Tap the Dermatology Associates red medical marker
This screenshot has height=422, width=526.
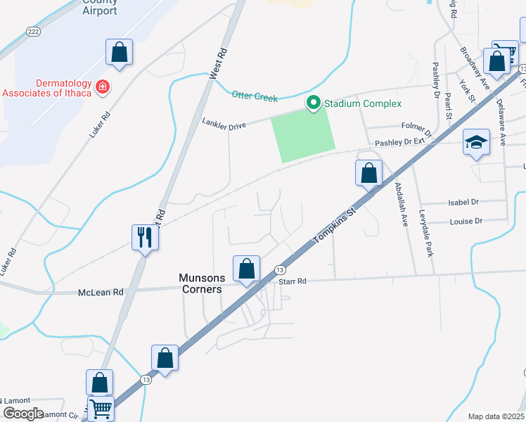[103, 87]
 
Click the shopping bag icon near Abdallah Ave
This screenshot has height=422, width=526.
[368, 172]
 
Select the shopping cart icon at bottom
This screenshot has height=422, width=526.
[101, 408]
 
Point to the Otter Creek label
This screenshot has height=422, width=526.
[255, 97]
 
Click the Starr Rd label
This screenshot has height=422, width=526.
[293, 281]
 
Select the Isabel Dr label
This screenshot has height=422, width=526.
[463, 202]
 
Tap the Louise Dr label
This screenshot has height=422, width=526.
[466, 221]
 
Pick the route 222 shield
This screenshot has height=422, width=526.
[33, 32]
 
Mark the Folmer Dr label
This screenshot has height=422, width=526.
[416, 127]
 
